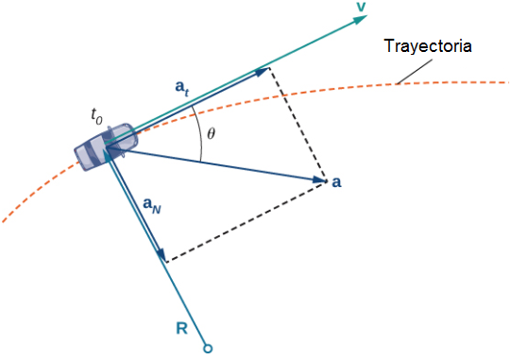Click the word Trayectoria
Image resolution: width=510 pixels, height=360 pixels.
428,46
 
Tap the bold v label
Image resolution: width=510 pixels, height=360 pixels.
361,7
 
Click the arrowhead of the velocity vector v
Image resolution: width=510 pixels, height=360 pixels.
360,19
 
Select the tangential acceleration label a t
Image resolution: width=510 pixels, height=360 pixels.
182,88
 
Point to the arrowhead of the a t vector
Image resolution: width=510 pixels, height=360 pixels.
262,72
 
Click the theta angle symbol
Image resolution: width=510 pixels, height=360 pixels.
212,133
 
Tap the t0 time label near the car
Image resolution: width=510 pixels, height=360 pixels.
96,116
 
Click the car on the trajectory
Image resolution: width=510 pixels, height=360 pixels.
106,146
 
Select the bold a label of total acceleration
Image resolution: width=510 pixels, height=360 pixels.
336,182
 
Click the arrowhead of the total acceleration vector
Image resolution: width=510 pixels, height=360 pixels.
319,180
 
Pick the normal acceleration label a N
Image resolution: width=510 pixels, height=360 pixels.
152,205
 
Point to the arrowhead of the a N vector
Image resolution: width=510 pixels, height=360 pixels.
161,254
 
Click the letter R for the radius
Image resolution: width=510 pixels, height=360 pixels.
182,328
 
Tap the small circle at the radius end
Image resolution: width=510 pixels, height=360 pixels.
208,349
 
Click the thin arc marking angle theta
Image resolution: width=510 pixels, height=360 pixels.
202,134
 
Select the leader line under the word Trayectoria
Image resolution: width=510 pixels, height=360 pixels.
415,72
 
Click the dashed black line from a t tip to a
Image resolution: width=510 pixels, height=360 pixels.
297,125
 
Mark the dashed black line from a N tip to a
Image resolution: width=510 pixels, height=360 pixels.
246,221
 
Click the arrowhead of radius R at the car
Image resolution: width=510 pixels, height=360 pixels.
109,154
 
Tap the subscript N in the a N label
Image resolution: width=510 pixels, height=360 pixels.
157,210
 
